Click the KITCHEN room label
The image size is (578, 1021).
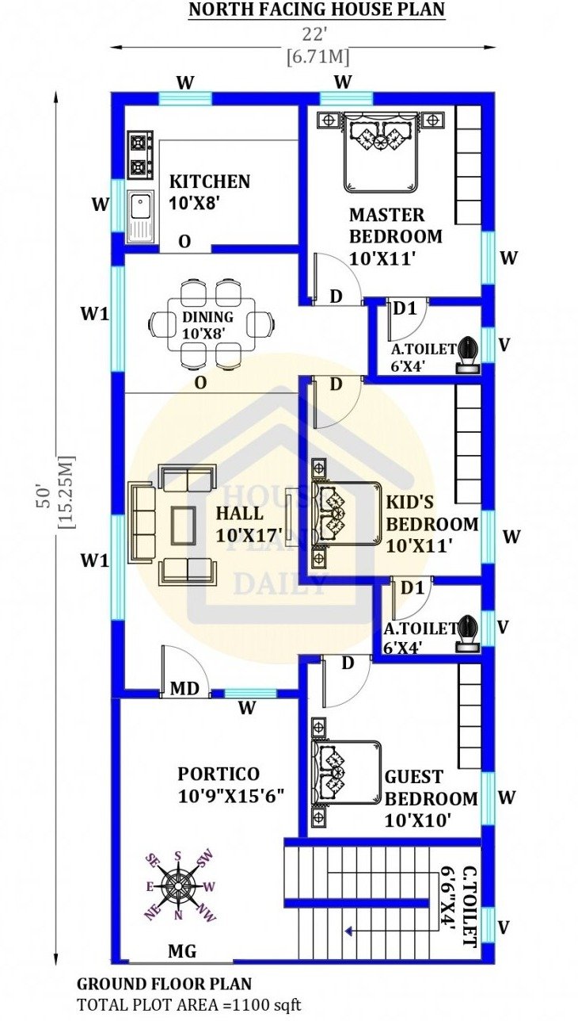pyautogui.click(x=210, y=182)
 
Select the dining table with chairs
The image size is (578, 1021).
pyautogui.click(x=211, y=324)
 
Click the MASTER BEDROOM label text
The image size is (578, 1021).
pyautogui.click(x=396, y=226)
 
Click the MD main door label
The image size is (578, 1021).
pyautogui.click(x=184, y=688)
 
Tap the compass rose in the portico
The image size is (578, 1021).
pyautogui.click(x=178, y=885)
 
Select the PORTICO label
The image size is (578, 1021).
pyautogui.click(x=219, y=774)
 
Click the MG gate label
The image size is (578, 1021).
pyautogui.click(x=182, y=950)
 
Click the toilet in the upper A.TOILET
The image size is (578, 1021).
pyautogui.click(x=468, y=356)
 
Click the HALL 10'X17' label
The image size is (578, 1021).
pyautogui.click(x=249, y=524)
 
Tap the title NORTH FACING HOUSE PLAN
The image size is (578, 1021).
pyautogui.click(x=317, y=10)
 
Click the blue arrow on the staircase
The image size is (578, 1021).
pyautogui.click(x=349, y=931)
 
